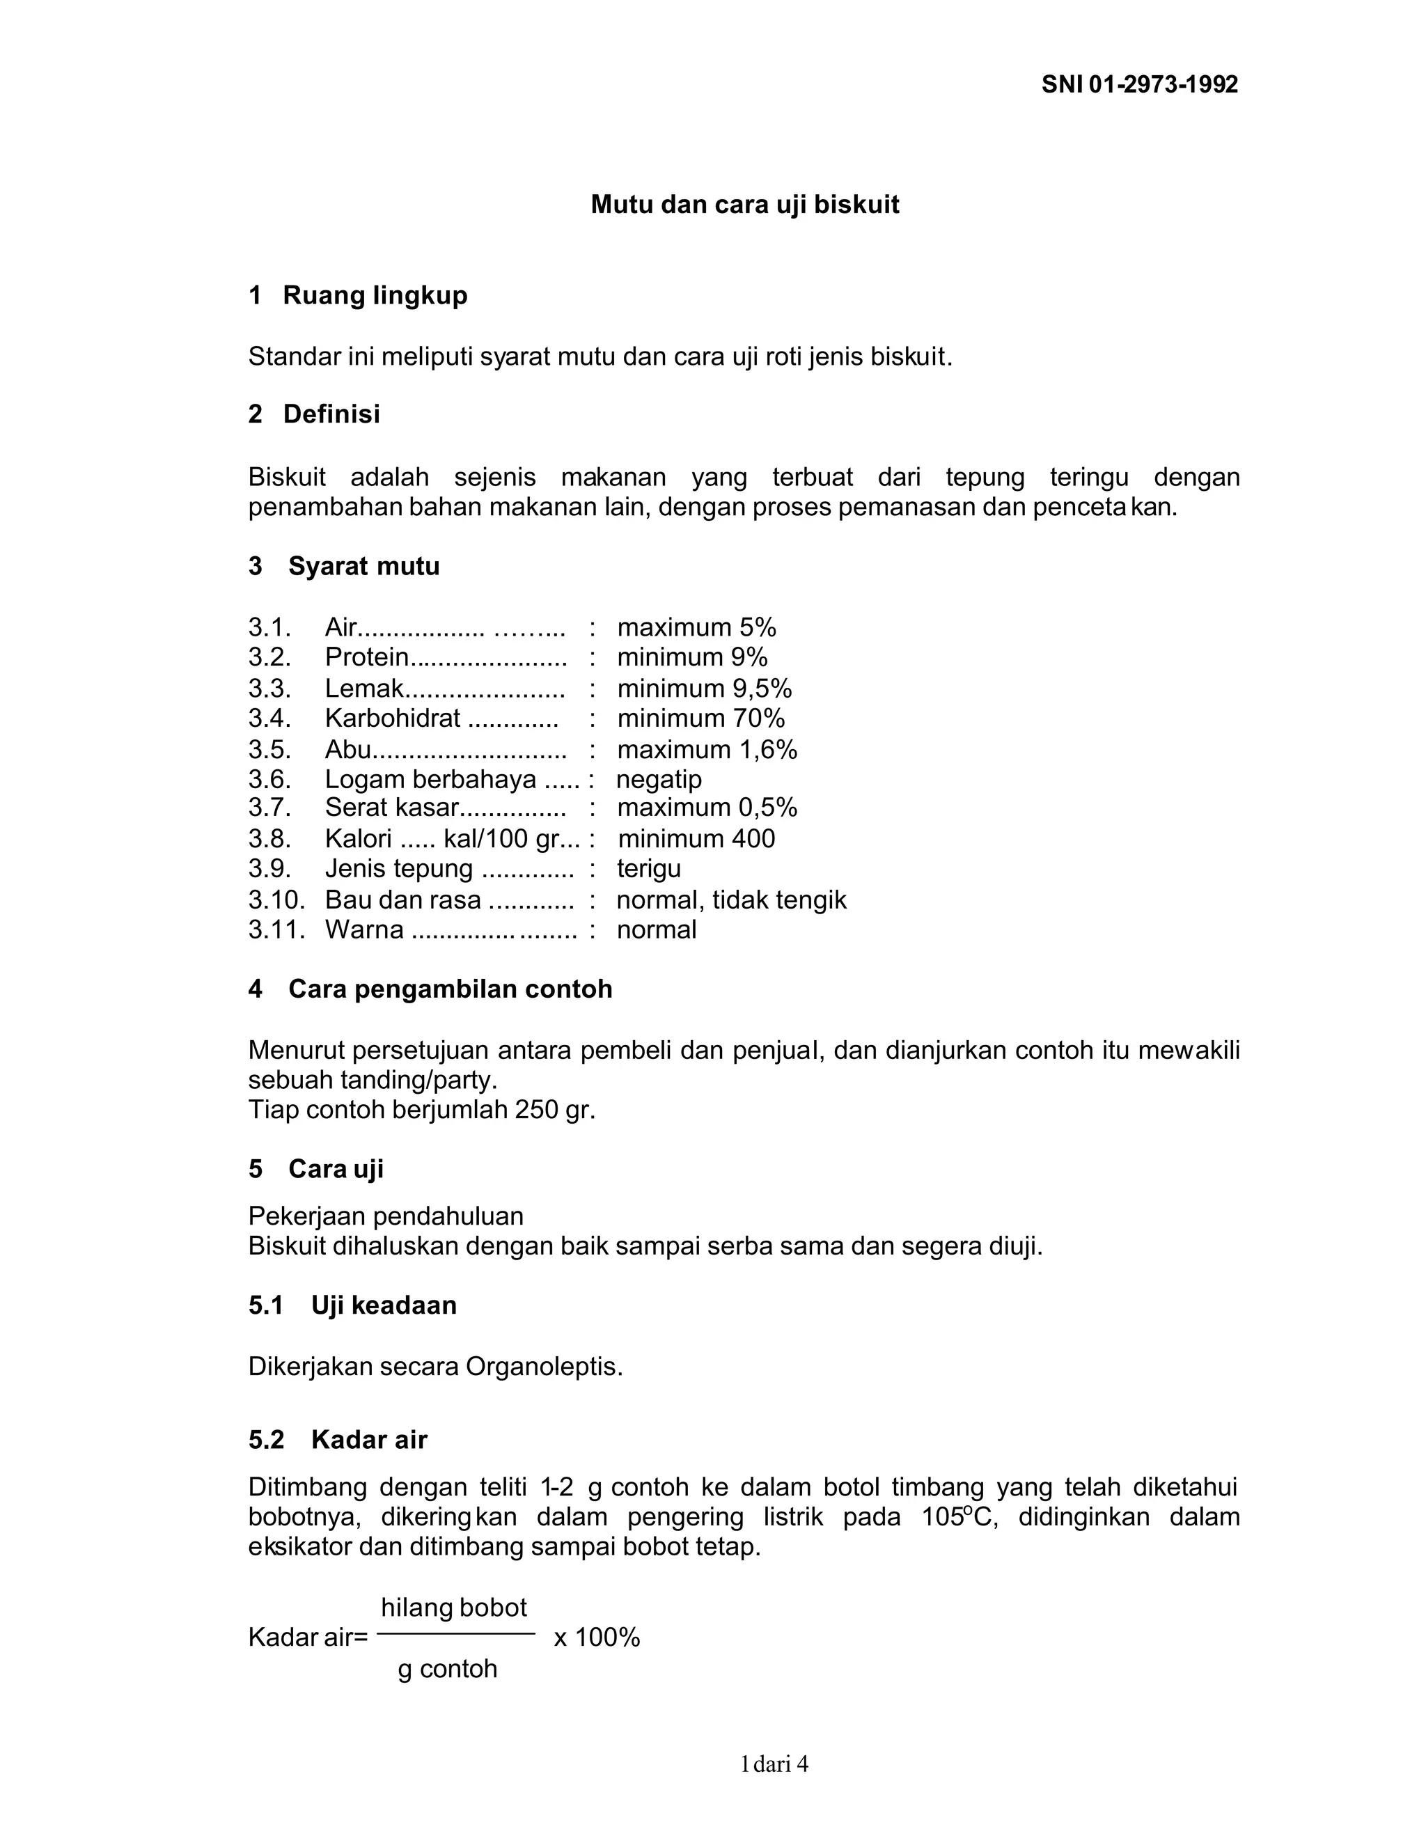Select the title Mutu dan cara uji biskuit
744,205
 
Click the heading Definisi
331,414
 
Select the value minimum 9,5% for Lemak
704,689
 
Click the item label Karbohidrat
392,718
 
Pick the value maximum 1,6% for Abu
707,749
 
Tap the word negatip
659,779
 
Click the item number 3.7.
269,808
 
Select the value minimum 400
696,838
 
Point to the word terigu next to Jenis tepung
648,868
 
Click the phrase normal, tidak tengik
730,900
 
